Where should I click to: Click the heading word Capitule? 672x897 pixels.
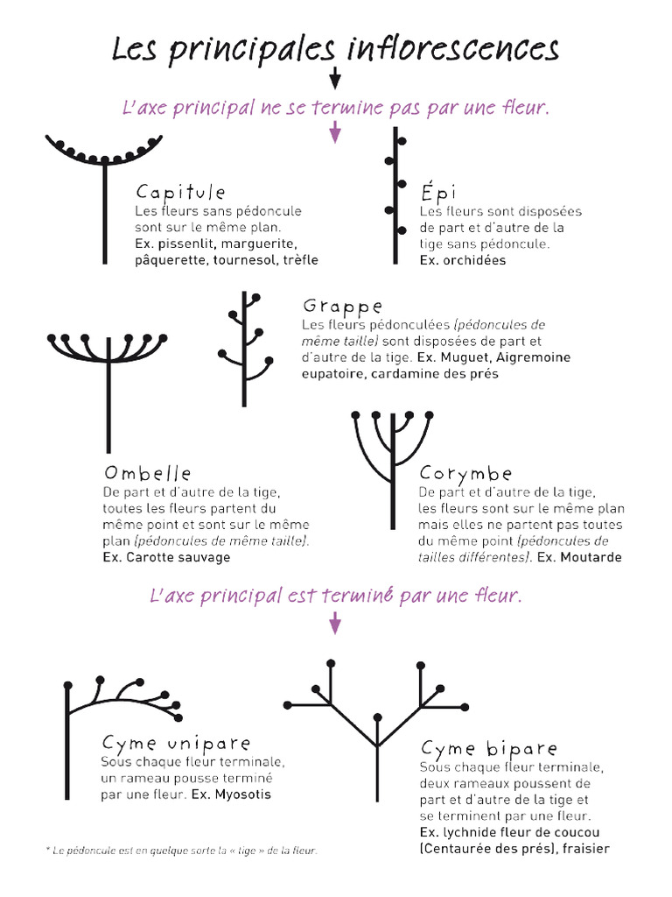[180, 193]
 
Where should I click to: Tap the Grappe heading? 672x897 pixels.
[342, 307]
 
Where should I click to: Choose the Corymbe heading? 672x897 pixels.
[465, 474]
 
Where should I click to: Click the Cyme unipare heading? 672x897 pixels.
[176, 744]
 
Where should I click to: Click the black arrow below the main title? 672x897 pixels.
[334, 81]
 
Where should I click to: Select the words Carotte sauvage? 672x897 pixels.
[178, 557]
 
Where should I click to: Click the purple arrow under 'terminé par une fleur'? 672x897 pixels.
[334, 624]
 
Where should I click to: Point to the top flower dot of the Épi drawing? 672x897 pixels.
[402, 140]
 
